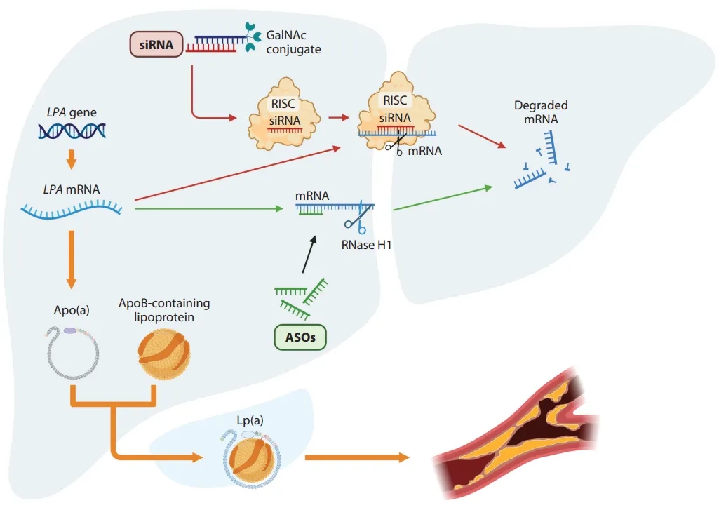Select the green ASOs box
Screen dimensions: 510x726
(x=300, y=338)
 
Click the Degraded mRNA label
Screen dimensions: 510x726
(x=541, y=112)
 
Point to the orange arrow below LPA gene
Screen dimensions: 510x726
(x=71, y=160)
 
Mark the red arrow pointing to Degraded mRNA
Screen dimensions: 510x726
(x=483, y=137)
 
